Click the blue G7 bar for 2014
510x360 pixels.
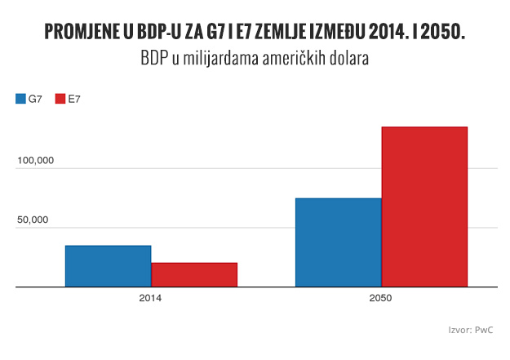click(x=108, y=266)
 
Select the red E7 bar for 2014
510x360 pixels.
click(x=194, y=275)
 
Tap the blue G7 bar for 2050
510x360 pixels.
click(x=338, y=242)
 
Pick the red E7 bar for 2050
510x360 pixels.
click(x=424, y=207)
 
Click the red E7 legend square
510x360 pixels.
click(x=60, y=99)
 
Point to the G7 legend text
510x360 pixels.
click(x=35, y=99)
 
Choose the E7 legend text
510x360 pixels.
click(x=74, y=99)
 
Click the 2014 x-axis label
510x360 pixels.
click(x=150, y=298)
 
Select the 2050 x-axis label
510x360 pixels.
click(x=380, y=298)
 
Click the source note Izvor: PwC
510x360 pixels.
click(x=471, y=330)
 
